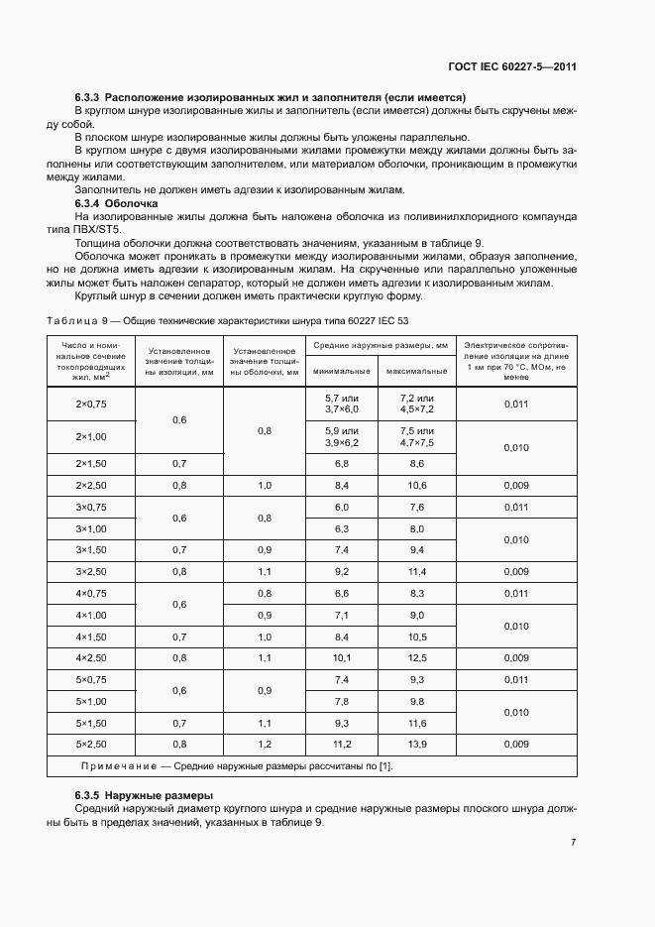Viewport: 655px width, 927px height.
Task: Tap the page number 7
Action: pyautogui.click(x=574, y=842)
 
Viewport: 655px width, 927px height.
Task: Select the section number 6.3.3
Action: pyautogui.click(x=88, y=98)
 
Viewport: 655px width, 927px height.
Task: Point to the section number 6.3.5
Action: pyautogui.click(x=88, y=796)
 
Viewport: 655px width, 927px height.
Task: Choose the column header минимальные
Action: pyautogui.click(x=341, y=372)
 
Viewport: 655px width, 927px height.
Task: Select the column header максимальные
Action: pyautogui.click(x=417, y=372)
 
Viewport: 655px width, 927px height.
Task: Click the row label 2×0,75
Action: pyautogui.click(x=90, y=404)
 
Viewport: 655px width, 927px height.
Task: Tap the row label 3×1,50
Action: pyautogui.click(x=90, y=549)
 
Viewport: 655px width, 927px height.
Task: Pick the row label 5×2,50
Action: pyautogui.click(x=90, y=744)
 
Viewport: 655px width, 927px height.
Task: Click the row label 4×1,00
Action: pyautogui.click(x=90, y=615)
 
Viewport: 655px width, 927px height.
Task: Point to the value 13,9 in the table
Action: pyautogui.click(x=417, y=744)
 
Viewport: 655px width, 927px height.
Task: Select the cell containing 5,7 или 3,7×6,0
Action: pyautogui.click(x=341, y=404)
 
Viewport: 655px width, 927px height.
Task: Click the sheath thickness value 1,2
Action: pyautogui.click(x=265, y=744)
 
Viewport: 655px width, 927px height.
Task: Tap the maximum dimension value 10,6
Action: pyautogui.click(x=417, y=485)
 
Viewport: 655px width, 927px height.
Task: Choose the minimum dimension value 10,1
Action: pyautogui.click(x=341, y=657)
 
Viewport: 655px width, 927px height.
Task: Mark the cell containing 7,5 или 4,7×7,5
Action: pyautogui.click(x=417, y=436)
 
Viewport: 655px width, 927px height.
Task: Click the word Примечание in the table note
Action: pyautogui.click(x=114, y=766)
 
